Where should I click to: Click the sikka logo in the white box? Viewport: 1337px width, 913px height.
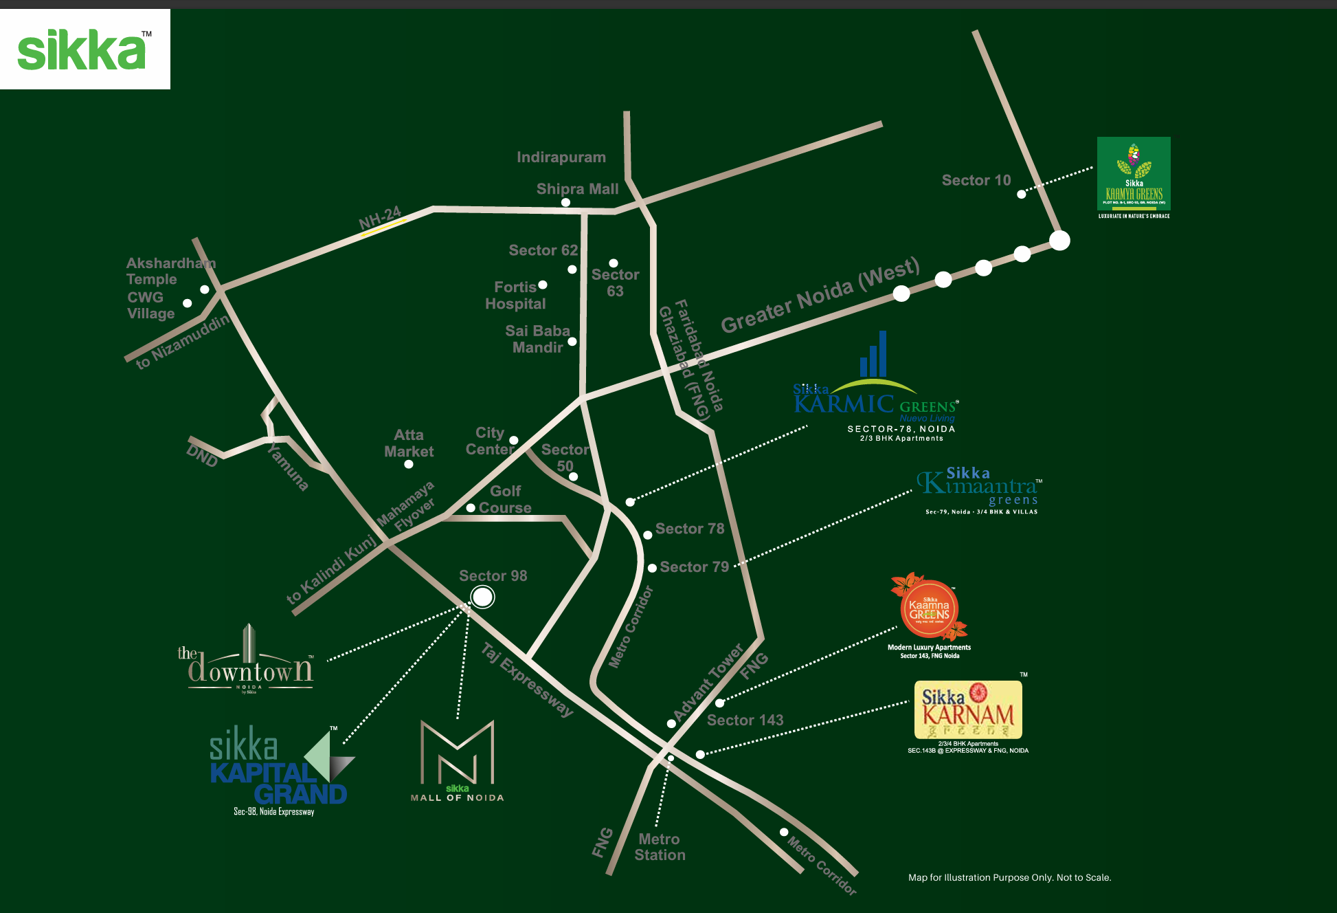82,49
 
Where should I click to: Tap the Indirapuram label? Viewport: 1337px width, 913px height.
561,157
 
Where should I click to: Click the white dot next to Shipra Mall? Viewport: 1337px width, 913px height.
565,202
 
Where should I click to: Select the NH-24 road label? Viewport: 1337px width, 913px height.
380,218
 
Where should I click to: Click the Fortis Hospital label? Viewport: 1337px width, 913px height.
515,296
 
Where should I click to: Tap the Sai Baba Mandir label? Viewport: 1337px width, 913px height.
537,339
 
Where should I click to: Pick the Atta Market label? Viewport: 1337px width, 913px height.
409,443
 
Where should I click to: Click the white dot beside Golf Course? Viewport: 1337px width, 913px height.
471,508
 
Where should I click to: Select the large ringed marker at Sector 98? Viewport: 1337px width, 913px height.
482,597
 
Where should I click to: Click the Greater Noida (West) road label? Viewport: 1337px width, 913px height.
819,296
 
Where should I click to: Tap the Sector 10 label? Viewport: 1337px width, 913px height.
976,180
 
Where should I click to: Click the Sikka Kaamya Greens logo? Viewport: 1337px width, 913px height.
1134,175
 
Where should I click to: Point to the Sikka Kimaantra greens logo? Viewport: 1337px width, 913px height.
979,489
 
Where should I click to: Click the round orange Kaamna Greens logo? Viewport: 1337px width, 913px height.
929,609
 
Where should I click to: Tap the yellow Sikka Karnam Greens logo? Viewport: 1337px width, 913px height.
968,709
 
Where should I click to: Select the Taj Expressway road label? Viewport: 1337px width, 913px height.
527,679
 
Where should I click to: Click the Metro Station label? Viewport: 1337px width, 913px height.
660,847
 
